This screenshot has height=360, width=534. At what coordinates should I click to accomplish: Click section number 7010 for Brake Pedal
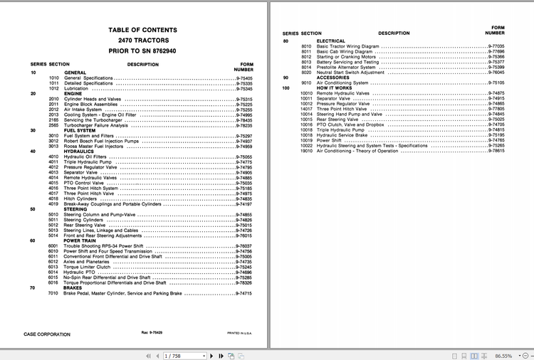click(53, 293)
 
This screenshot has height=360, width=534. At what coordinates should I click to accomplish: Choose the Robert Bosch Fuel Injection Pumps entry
click(101, 141)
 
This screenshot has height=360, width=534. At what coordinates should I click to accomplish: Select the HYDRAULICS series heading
click(78, 151)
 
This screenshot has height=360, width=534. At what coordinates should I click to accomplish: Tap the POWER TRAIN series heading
click(80, 240)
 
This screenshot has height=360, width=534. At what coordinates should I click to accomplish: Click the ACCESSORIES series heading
click(334, 78)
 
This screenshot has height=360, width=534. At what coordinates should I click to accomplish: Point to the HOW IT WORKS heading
click(335, 88)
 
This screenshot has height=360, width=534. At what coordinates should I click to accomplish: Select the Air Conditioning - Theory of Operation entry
click(357, 151)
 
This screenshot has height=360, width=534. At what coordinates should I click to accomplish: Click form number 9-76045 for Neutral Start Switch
click(496, 72)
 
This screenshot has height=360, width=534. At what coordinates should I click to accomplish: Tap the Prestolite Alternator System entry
click(346, 67)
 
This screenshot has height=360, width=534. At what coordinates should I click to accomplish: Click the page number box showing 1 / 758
click(182, 355)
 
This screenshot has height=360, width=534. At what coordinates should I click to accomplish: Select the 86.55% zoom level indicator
click(504, 355)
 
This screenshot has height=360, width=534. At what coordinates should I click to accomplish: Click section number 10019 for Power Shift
click(307, 140)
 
